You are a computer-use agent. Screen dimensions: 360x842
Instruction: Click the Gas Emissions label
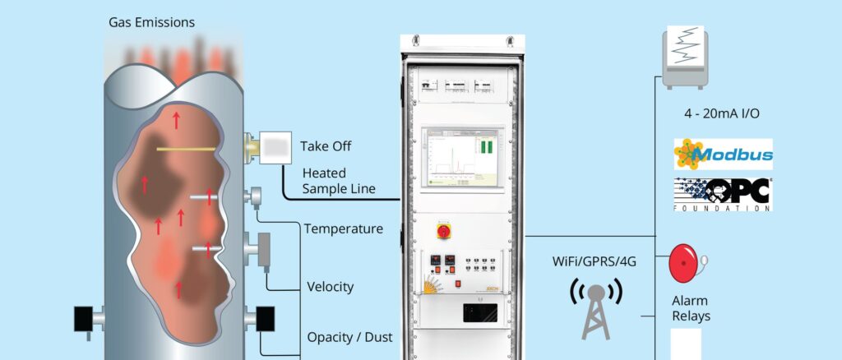[151, 22]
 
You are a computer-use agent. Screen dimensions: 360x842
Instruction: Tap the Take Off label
[326, 146]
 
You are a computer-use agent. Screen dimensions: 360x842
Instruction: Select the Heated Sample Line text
[339, 182]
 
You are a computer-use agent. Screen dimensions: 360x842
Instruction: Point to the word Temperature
[343, 228]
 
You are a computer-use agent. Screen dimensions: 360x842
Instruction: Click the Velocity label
[330, 287]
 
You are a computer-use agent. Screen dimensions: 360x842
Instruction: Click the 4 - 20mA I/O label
[722, 113]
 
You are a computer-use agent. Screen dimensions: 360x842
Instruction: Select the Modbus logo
[723, 155]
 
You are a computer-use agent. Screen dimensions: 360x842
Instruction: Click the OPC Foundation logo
[723, 195]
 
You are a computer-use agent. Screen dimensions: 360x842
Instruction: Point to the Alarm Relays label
[689, 308]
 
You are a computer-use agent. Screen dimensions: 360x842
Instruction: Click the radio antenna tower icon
[596, 308]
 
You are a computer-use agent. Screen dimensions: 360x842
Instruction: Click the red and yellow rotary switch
[443, 231]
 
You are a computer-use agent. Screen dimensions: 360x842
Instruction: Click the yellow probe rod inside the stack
[187, 149]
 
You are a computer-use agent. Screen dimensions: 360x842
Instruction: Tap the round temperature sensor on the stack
[256, 197]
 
